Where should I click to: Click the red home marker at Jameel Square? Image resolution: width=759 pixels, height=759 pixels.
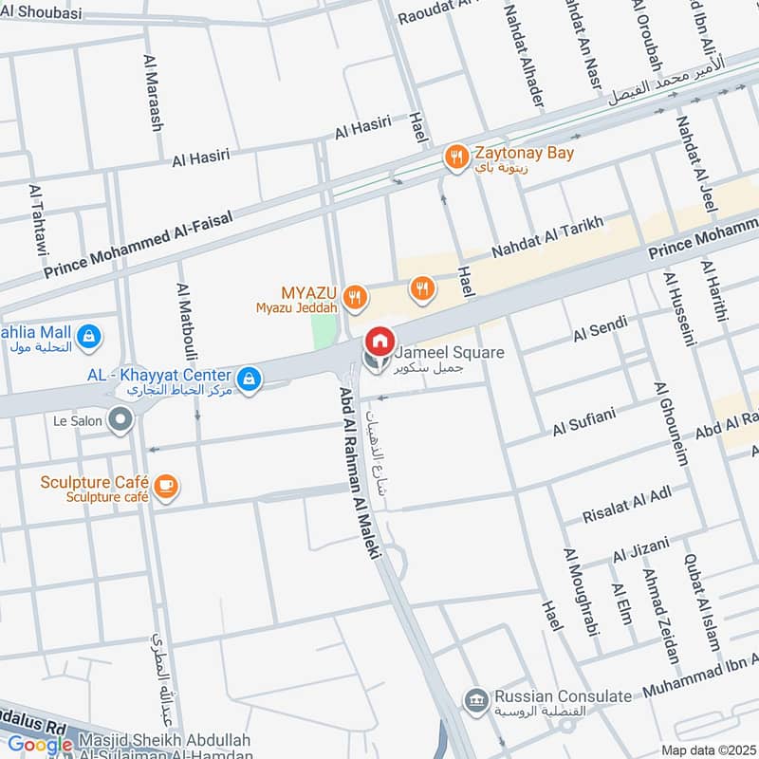379,340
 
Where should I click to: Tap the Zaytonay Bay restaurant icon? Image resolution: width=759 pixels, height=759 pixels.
457,157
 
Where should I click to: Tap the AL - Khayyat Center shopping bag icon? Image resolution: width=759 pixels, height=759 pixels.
249,379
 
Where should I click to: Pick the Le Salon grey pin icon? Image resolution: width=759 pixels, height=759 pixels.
120,419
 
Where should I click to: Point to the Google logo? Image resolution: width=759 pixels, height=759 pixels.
40,745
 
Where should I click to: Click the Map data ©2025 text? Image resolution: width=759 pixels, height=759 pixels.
707,750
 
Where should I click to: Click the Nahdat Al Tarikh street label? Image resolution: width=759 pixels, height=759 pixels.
547,238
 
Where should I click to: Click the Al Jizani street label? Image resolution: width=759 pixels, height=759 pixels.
640,548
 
